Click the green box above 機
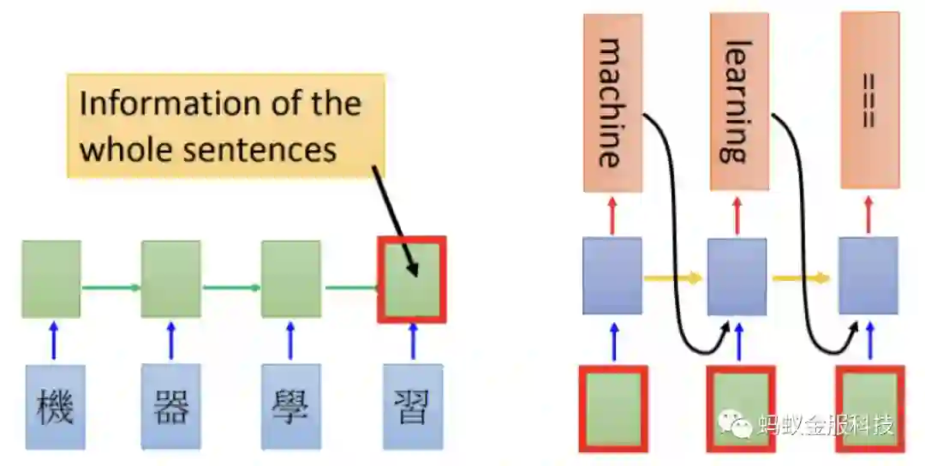[x=51, y=279]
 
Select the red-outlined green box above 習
[x=412, y=279]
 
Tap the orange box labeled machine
[x=612, y=103]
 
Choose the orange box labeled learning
[x=739, y=103]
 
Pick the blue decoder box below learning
[x=737, y=276]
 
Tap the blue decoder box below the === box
[x=868, y=276]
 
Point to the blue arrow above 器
[x=171, y=340]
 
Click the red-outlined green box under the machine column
[x=612, y=408]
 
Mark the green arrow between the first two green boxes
[x=111, y=287]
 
